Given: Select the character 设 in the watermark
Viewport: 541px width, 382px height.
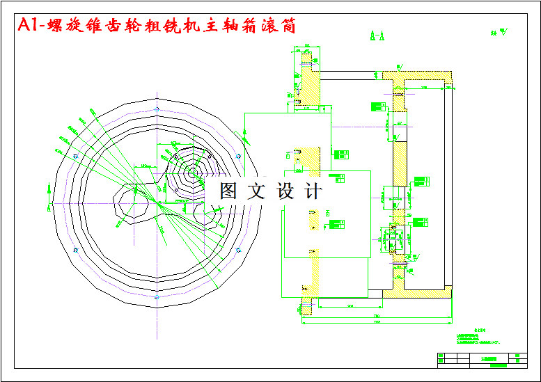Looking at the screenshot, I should pos(285,191).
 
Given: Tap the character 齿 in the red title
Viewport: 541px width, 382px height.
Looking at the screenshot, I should pos(111,26).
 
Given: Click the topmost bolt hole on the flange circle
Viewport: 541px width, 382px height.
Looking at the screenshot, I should pos(155,109).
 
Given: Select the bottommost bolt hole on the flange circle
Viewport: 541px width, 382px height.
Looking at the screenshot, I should pos(155,296).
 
